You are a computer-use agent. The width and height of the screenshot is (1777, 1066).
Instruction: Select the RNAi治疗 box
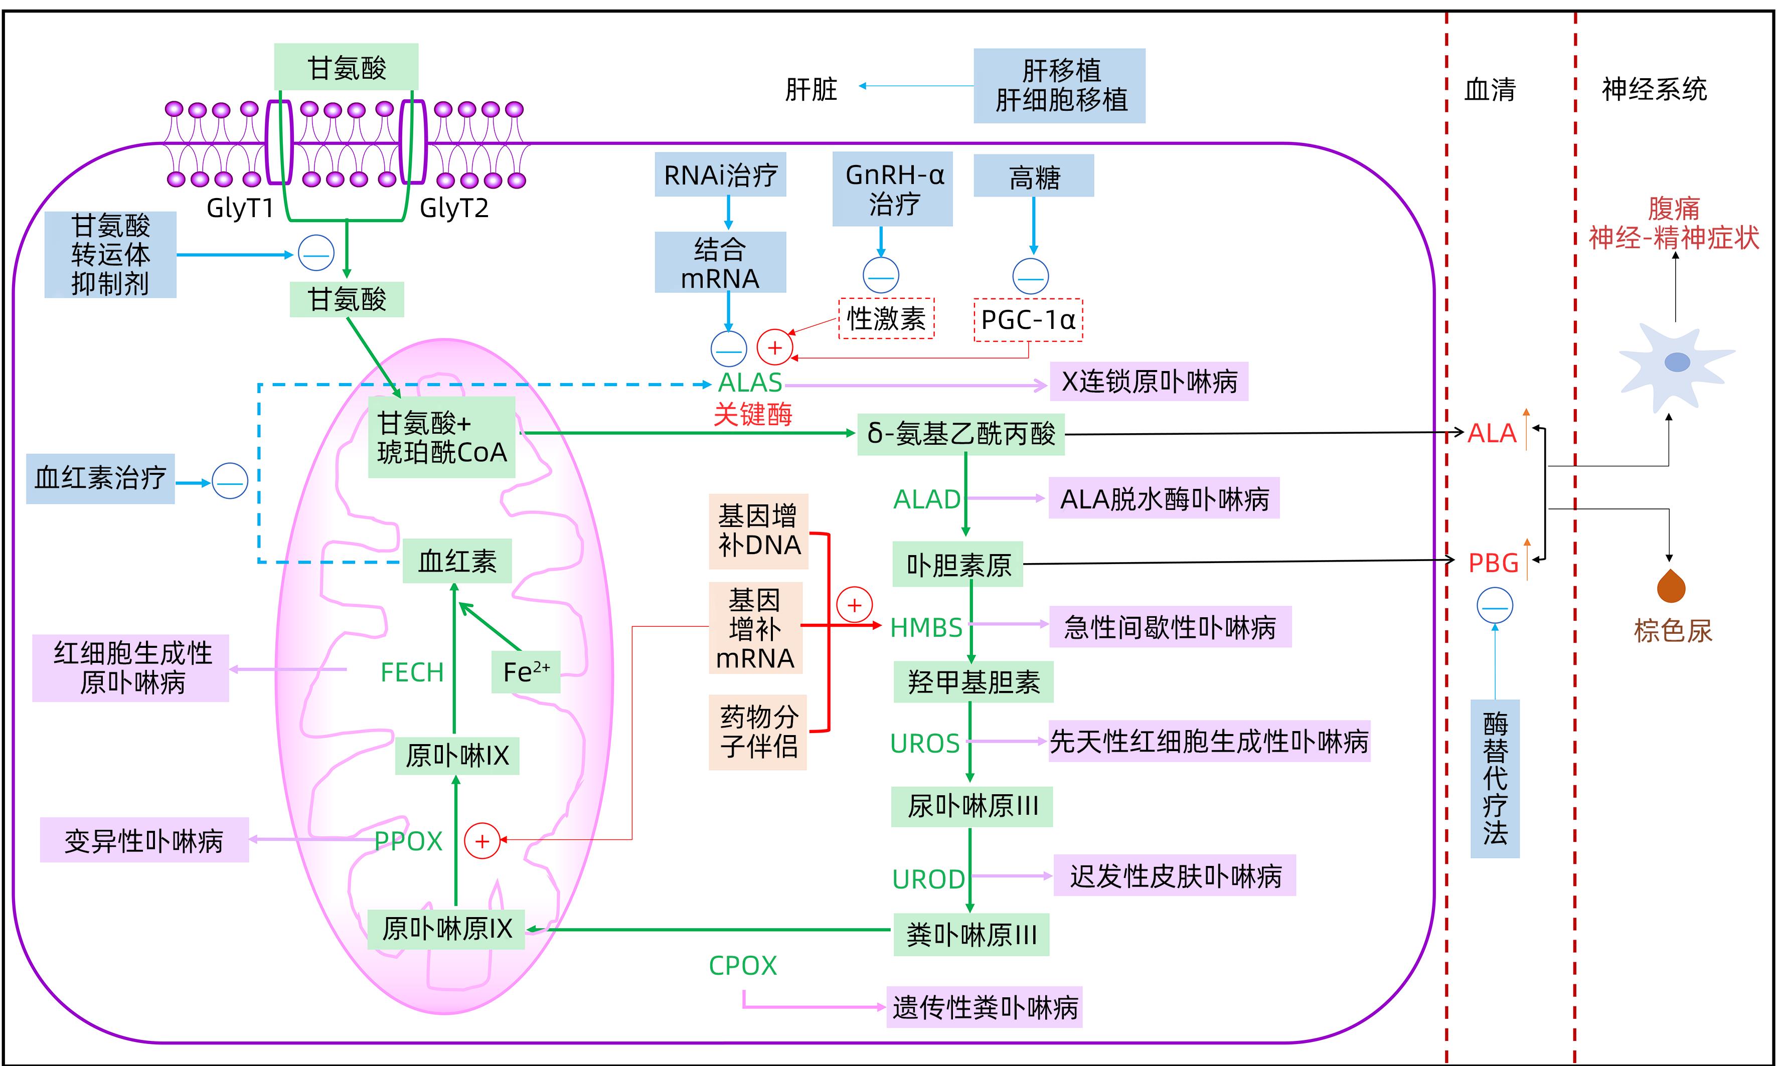(x=720, y=174)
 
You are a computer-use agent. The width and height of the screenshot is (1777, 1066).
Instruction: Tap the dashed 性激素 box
(x=886, y=318)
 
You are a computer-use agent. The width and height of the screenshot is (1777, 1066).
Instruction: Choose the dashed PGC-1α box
(x=1028, y=320)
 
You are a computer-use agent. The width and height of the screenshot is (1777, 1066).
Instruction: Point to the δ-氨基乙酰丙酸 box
(x=960, y=434)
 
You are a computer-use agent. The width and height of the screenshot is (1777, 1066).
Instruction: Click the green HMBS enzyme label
(x=925, y=628)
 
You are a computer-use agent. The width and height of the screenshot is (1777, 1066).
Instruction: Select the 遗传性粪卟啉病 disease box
(x=985, y=1007)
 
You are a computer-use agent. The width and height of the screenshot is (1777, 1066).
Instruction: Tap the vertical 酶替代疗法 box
(x=1495, y=779)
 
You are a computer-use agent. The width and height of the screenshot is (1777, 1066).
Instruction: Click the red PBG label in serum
(x=1493, y=563)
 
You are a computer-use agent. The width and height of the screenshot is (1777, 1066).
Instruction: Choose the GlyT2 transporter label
(x=453, y=208)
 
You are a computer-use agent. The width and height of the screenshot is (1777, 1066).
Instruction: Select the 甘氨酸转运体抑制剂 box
(x=111, y=254)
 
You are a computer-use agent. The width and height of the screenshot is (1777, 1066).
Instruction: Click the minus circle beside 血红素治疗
(x=230, y=481)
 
